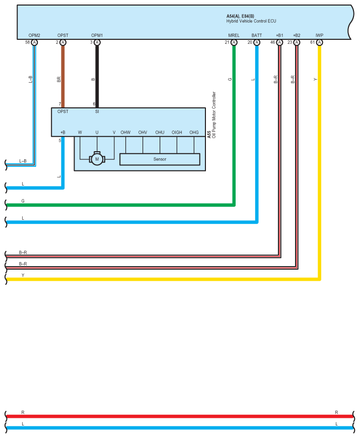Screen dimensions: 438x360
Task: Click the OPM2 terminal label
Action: [34, 35]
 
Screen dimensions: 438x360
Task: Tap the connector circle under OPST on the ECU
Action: [63, 43]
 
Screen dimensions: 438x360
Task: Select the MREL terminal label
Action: [234, 35]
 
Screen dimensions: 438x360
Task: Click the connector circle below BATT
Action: [257, 43]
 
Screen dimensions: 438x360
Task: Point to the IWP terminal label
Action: [319, 35]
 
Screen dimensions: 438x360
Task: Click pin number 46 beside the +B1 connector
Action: [272, 43]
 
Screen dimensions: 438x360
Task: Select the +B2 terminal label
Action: [297, 35]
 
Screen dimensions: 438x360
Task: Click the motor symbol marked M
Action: [96, 159]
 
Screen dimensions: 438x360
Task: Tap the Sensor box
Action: [160, 159]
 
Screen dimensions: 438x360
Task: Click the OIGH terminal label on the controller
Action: [177, 133]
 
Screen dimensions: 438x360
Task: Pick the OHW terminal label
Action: [125, 133]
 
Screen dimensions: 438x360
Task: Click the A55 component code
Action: [209, 135]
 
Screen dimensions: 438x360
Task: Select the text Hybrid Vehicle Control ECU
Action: [251, 21]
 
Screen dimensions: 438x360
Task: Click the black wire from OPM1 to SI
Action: [97, 76]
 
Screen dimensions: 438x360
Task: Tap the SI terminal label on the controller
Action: [97, 111]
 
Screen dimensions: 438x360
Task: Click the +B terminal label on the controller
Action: [62, 133]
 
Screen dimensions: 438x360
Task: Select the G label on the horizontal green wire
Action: [23, 201]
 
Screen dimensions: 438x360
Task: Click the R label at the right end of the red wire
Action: [336, 412]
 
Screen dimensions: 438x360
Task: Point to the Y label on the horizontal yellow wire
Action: [23, 275]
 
